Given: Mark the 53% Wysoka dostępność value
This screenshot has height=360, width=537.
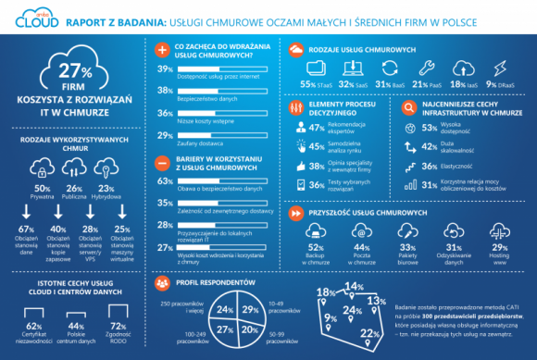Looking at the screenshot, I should coord(430,129).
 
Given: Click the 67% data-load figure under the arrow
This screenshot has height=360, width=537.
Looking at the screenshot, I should coord(26,230).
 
